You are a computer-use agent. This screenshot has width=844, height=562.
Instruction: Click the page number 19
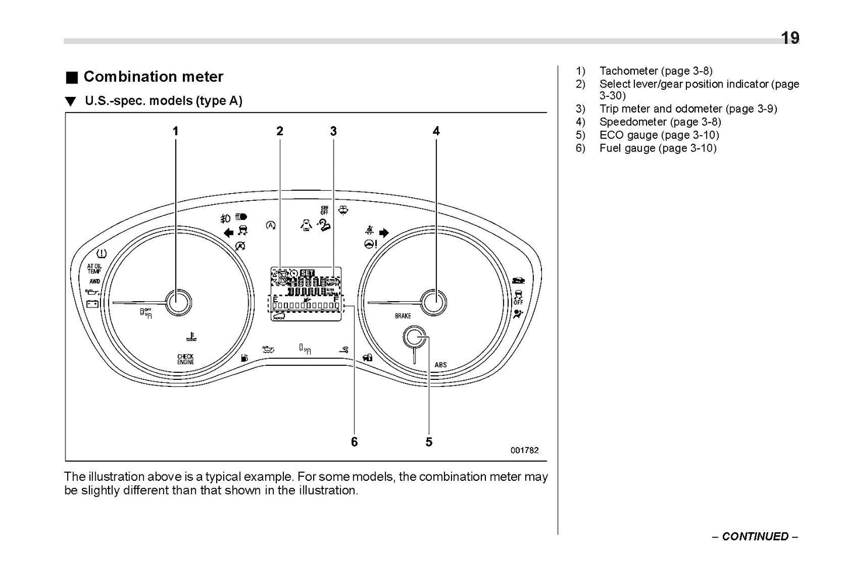pos(790,39)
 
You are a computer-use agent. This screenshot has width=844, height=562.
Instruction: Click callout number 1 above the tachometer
pos(175,132)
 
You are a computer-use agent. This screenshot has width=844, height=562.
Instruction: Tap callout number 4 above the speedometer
pos(436,132)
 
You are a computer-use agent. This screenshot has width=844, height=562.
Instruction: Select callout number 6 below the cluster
pos(354,442)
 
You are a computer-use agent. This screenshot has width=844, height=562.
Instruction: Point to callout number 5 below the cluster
pos(429,442)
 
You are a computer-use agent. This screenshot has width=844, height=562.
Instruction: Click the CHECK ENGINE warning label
pos(186,359)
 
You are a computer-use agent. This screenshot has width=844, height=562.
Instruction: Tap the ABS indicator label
pos(440,365)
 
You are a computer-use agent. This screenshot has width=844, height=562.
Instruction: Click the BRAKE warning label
pos(403,316)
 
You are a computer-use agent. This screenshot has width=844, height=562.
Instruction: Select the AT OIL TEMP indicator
pos(94,268)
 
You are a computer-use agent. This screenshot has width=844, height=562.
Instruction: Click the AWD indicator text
pos(94,281)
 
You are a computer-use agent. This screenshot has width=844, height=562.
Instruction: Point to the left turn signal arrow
pos(228,233)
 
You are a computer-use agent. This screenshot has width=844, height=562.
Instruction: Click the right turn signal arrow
pos(384,233)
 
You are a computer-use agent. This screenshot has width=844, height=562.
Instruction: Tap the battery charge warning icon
pos(92,303)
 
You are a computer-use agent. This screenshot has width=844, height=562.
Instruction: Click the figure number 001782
pos(524,450)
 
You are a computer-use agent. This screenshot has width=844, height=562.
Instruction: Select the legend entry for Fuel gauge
pos(657,148)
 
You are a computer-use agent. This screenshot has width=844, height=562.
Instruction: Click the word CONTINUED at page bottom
pos(755,536)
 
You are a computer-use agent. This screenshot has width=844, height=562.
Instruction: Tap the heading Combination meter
pos(153,76)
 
